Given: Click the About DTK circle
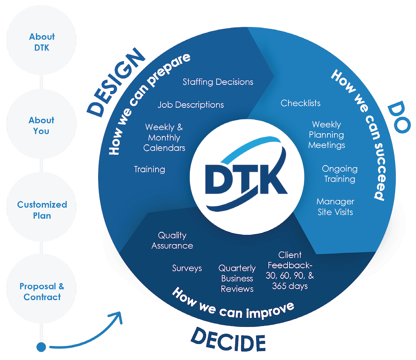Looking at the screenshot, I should click(42, 42).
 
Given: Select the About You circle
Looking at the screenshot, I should click(42, 125).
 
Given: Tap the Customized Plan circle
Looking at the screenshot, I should click(42, 210).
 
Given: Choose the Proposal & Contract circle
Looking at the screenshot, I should click(42, 291).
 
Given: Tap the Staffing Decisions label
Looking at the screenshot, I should click(218, 82).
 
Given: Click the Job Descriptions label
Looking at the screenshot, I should click(191, 104).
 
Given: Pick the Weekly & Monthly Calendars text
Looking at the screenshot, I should click(164, 137).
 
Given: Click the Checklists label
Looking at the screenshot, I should click(300, 103).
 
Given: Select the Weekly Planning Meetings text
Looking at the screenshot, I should click(327, 134).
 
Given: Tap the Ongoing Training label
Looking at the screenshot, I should click(339, 174).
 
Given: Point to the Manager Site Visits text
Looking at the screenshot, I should click(335, 206).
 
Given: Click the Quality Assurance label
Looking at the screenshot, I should click(172, 241).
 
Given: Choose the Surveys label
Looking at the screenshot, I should click(187, 268).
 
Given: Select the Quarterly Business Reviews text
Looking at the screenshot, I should click(237, 278).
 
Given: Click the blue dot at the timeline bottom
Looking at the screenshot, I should click(41, 346).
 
